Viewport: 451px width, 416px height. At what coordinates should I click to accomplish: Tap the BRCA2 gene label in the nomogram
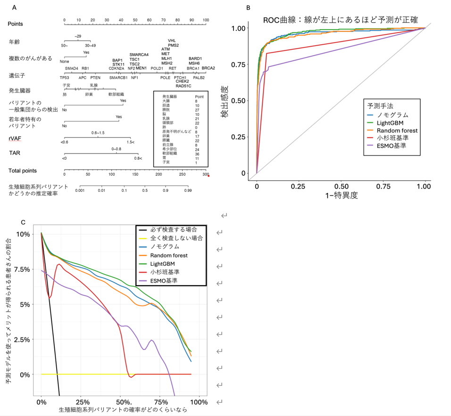point(208,68)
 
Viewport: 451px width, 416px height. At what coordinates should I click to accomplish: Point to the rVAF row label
point(14,138)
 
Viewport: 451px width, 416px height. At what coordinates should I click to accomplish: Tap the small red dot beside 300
point(208,176)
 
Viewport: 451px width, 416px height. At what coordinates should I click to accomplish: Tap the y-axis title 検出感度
point(226,100)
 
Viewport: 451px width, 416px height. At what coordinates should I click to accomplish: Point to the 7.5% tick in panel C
point(23,269)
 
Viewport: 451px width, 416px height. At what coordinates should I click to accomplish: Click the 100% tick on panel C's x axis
point(199,402)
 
